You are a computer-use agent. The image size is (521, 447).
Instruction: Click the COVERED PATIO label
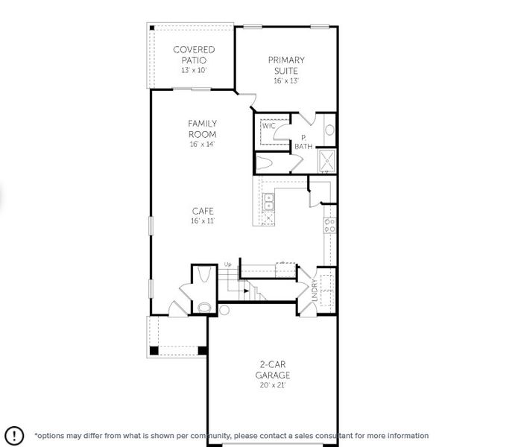(194, 54)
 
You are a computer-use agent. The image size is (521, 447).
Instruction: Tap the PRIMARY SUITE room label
(286, 65)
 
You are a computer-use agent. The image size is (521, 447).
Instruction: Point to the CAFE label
(202, 211)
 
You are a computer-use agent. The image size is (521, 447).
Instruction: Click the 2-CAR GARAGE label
(274, 370)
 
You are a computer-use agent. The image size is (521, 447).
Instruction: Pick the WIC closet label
(268, 126)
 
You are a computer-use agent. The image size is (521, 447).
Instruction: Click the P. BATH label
(303, 142)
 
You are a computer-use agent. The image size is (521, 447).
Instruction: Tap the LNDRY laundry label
(314, 291)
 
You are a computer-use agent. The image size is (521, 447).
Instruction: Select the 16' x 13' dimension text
(286, 80)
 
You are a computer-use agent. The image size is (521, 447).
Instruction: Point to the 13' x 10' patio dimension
(194, 70)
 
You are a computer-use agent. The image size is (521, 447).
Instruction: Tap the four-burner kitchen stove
(328, 224)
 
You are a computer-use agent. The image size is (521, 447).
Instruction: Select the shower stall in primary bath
(326, 160)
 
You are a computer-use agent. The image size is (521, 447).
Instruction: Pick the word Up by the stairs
(227, 264)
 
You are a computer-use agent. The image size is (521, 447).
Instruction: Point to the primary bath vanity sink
(329, 130)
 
